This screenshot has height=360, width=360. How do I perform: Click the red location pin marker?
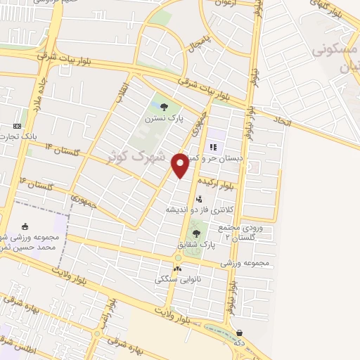pos(180,165)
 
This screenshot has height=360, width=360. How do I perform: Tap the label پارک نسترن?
pos(164,120)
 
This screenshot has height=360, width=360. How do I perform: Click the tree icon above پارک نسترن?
pos(164,108)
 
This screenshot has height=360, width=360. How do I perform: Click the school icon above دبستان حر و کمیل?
pos(213,148)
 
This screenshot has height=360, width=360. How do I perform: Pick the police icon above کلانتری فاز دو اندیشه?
pos(199,199)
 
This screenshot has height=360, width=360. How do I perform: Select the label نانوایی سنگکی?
pos(177,279)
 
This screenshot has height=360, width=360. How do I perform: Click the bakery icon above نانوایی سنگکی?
pos(177,268)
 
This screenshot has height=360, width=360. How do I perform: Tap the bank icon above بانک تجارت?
pos(18,126)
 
